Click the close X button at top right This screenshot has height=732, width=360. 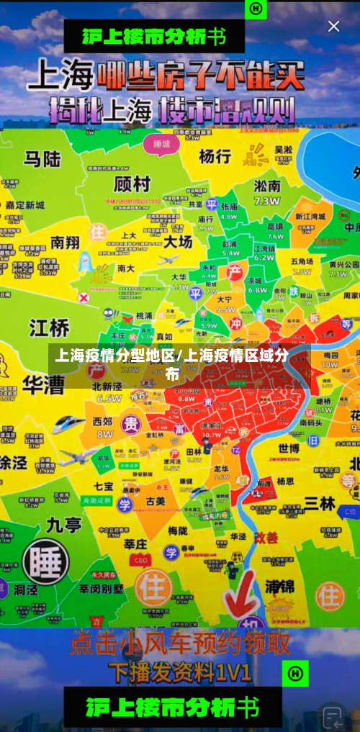coord(333,27)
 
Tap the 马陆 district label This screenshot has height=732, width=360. coord(42,158)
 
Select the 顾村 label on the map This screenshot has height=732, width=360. coord(132,184)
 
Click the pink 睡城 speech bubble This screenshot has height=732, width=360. coord(161,143)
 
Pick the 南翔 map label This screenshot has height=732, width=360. coord(65,242)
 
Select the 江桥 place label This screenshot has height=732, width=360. coord(49,327)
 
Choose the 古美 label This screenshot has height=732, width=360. coord(156,500)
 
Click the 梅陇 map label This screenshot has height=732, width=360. coord(178,530)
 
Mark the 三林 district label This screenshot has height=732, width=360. coord(319,503)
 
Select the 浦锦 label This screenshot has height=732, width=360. coord(279,586)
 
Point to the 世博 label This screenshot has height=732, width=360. coord(289,448)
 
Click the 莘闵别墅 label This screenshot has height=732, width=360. coord(101,588)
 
